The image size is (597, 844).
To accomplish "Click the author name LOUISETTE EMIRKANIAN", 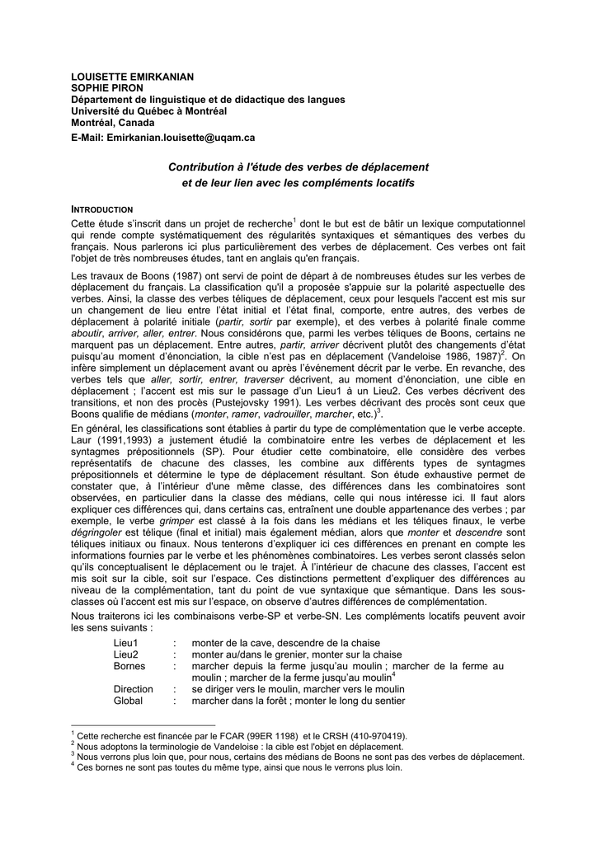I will (133, 77).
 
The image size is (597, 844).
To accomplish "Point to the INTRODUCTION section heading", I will (102, 209).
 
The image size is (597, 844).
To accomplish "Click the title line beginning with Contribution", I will (298, 166).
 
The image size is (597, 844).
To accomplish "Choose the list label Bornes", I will (129, 665).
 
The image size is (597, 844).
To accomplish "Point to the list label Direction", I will (133, 688).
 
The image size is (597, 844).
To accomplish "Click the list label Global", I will (128, 701).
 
